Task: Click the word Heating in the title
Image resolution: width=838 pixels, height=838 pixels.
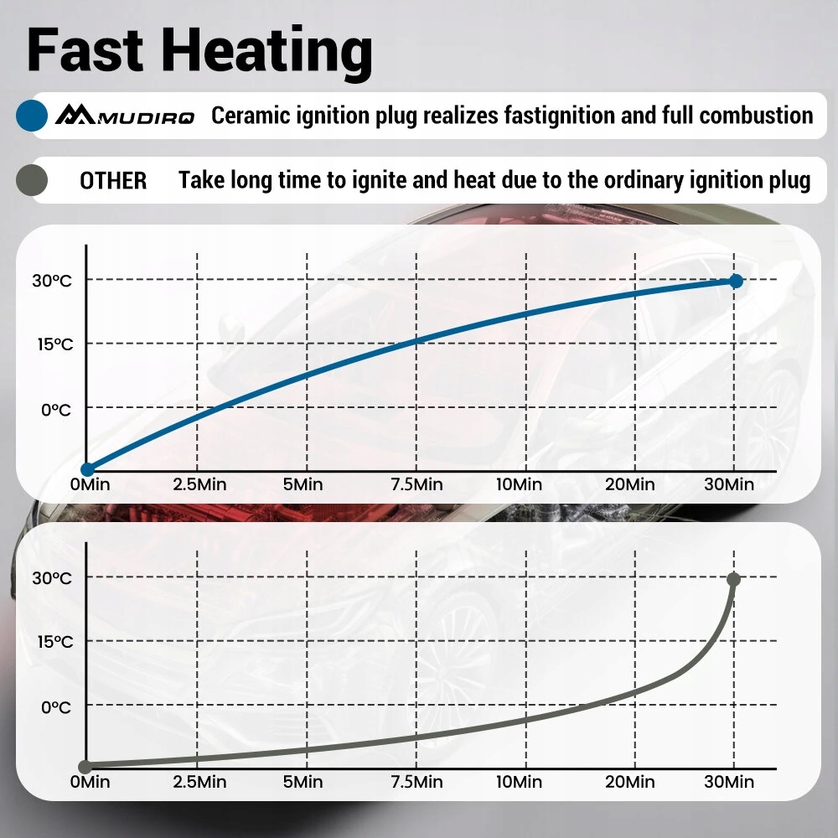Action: tap(270, 50)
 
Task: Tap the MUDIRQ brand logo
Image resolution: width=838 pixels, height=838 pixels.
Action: tap(124, 115)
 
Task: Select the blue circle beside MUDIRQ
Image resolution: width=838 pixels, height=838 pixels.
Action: tap(32, 115)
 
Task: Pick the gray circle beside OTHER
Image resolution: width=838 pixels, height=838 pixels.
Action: tap(32, 179)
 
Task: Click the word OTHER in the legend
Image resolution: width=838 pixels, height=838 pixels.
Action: tap(113, 180)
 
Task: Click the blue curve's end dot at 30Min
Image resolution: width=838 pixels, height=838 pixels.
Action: tap(736, 281)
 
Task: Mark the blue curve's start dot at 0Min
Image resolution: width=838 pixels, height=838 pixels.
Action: tap(86, 469)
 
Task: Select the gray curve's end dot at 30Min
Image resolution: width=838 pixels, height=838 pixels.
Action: tap(734, 579)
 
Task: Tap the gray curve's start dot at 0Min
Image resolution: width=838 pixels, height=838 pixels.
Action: tap(85, 766)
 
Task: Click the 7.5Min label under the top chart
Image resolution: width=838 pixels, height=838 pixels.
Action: tap(416, 484)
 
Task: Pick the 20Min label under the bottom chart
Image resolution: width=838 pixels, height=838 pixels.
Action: tap(631, 782)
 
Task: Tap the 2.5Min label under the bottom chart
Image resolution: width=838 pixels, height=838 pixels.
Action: tap(199, 782)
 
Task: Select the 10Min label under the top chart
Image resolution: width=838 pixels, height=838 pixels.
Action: tap(520, 484)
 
